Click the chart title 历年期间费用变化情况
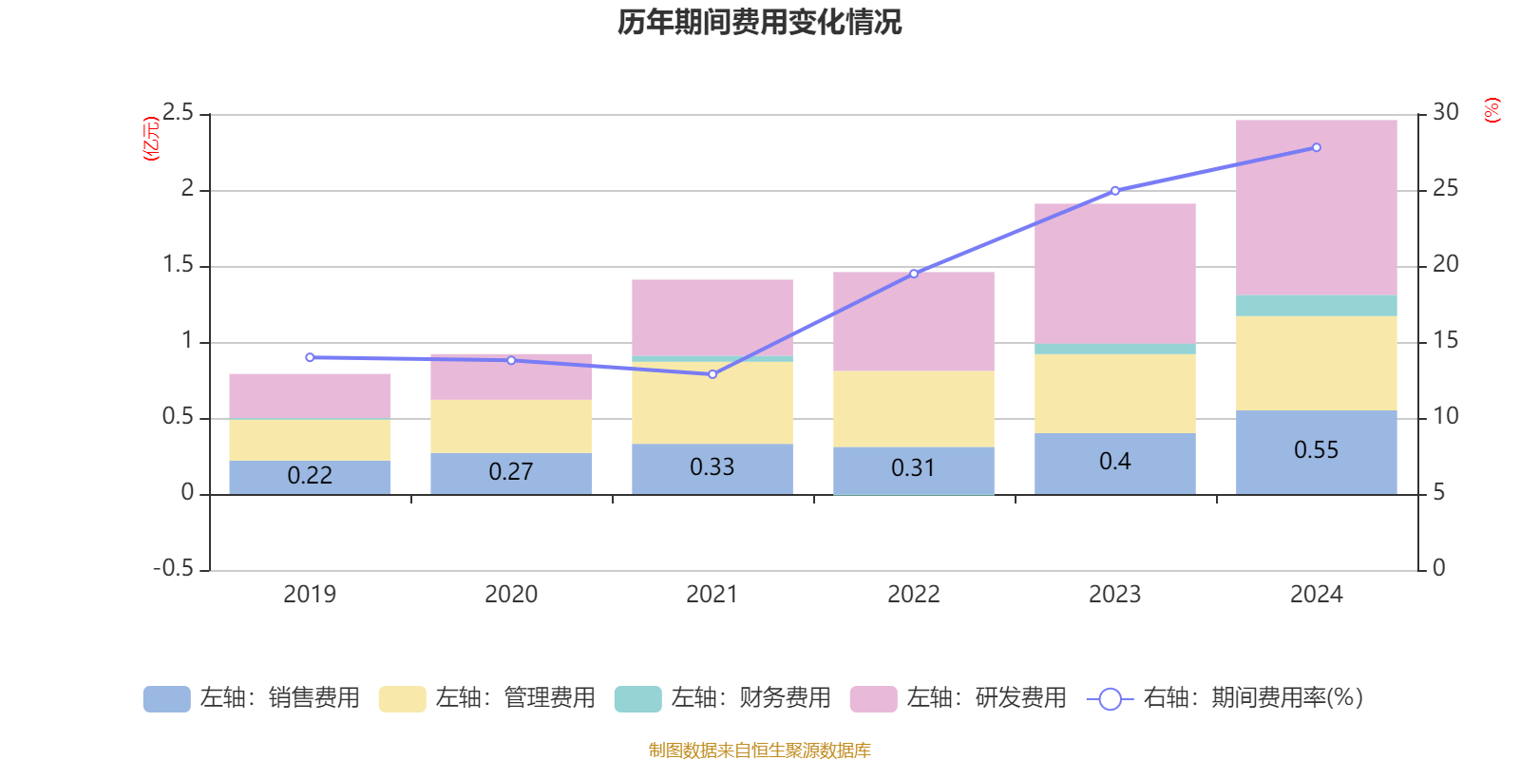coord(759,22)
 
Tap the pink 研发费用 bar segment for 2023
coord(1114,274)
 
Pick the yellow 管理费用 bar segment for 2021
coord(712,403)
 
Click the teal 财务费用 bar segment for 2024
coord(1316,306)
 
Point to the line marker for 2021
coord(712,374)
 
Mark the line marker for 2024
coord(1316,147)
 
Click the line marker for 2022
coord(914,274)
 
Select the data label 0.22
coord(310,475)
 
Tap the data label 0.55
coord(1316,449)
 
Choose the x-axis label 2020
coord(510,595)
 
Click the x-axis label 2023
coord(1114,595)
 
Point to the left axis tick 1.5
coord(178,265)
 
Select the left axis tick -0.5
coord(173,568)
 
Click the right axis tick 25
coord(1445,189)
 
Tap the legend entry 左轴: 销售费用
coord(252,698)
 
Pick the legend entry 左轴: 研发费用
coord(959,698)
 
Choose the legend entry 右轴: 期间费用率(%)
coord(1225,698)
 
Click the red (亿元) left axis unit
coord(151,139)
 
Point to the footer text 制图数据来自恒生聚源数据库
coord(759,750)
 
